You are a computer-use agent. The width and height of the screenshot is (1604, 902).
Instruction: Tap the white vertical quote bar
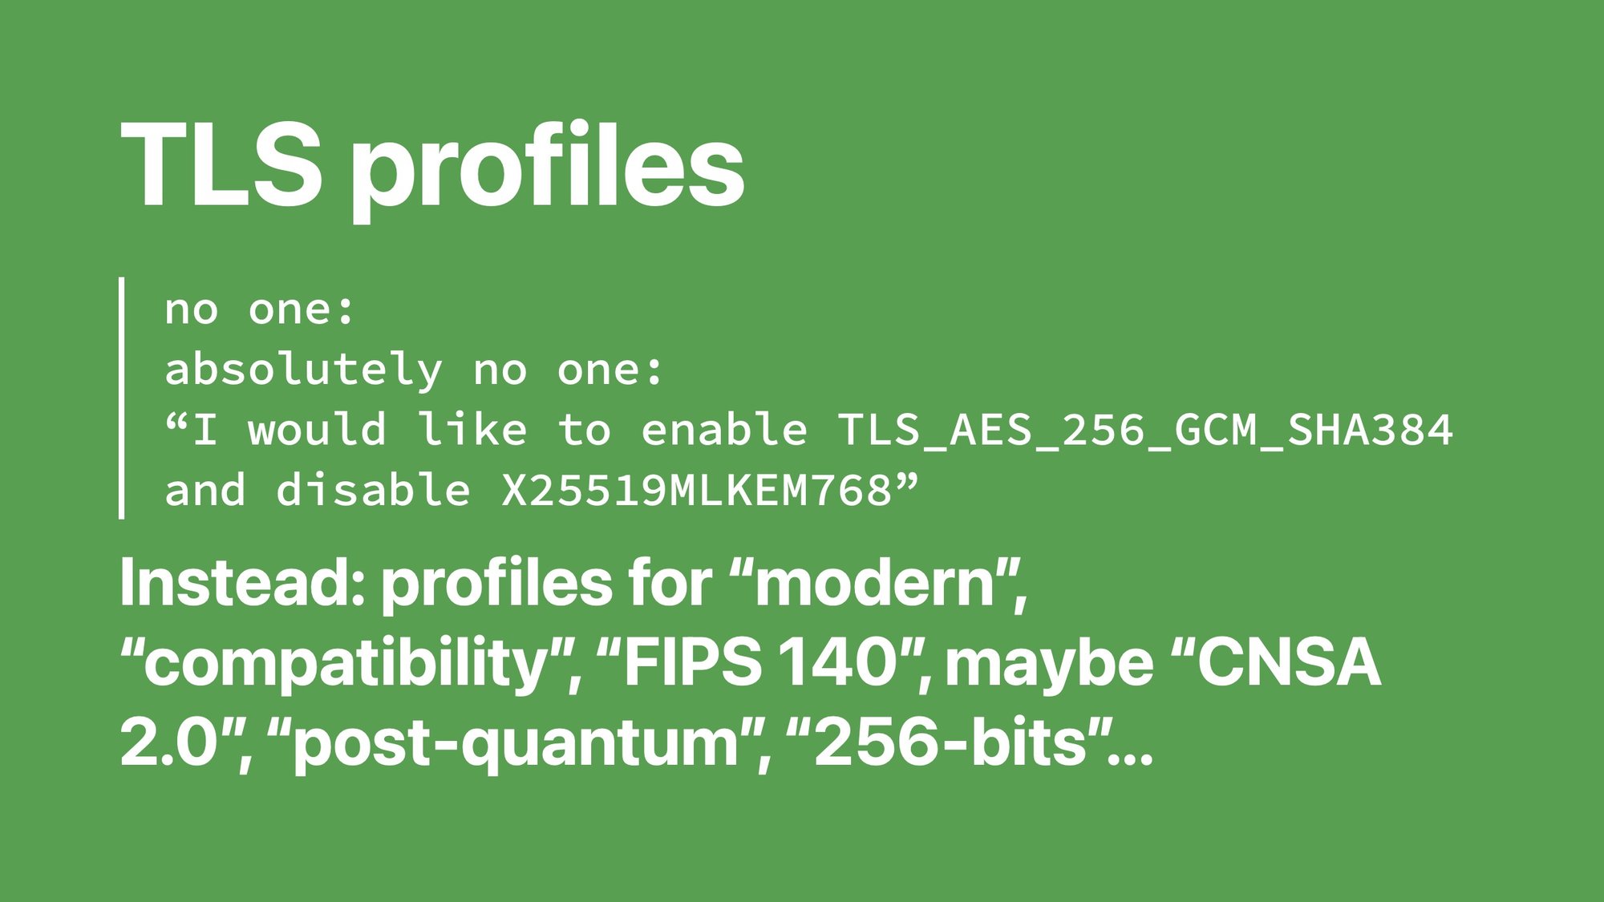pyautogui.click(x=121, y=398)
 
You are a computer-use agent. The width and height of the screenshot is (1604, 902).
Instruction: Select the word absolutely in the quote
pyautogui.click(x=303, y=370)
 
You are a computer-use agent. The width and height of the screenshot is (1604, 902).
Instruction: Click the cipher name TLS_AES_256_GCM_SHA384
pyautogui.click(x=1145, y=431)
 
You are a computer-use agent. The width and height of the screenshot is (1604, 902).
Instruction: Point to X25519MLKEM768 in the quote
pyautogui.click(x=697, y=491)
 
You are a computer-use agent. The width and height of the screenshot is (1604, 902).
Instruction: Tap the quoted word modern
pyautogui.click(x=875, y=584)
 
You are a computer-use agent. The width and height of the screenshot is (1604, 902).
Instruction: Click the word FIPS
pyautogui.click(x=692, y=663)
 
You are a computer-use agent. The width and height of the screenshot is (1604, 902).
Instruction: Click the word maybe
pyautogui.click(x=1049, y=666)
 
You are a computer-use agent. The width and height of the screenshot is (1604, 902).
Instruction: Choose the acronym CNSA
pyautogui.click(x=1289, y=663)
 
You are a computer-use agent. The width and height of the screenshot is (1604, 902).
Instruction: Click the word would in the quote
pyautogui.click(x=317, y=430)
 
